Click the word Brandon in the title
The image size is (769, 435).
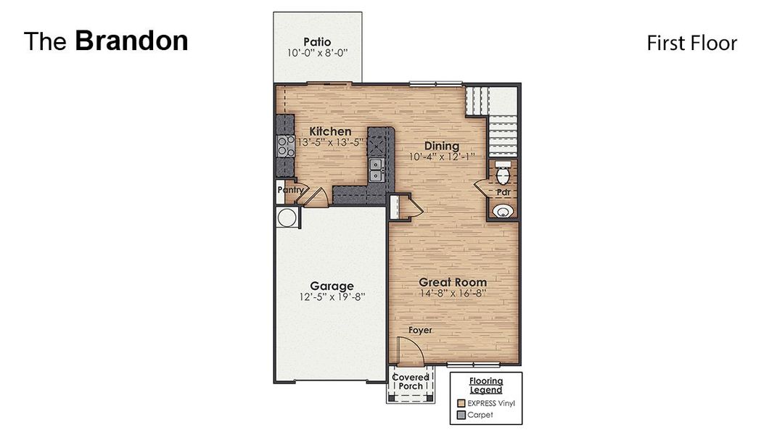(x=131, y=41)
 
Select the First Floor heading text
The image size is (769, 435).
(x=691, y=43)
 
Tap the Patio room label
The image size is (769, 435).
(x=318, y=42)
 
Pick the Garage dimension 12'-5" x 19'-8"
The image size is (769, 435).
(x=332, y=297)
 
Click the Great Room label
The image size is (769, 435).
(x=453, y=282)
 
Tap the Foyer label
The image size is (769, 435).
(x=420, y=330)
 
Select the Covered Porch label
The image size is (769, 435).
(x=411, y=381)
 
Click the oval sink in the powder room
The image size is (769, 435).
(x=503, y=211)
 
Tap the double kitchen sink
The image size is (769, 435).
(x=377, y=171)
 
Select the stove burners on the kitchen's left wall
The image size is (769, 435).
(x=281, y=147)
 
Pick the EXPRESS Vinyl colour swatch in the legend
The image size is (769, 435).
(x=461, y=403)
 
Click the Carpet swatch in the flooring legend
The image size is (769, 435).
(x=461, y=415)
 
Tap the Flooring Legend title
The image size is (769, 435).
(x=485, y=385)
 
